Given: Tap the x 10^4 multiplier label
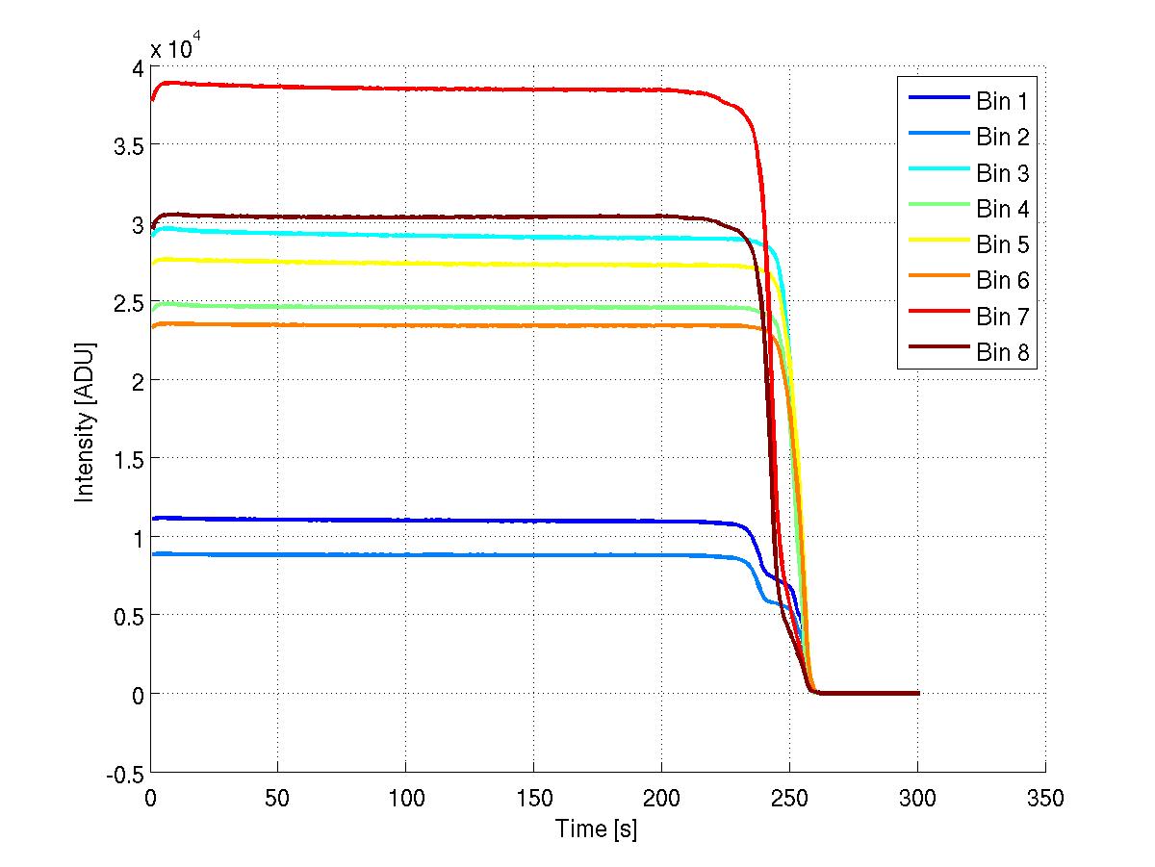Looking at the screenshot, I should [174, 47].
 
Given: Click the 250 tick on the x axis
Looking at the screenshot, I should [789, 798].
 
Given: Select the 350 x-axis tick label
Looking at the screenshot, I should [1045, 798].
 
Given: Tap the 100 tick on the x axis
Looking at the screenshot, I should [406, 798].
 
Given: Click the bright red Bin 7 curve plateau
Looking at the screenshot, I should [433, 89].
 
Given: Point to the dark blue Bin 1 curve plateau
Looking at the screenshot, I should [433, 521].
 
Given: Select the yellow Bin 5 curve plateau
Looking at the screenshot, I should [433, 264].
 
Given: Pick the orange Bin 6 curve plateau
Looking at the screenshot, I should [433, 325].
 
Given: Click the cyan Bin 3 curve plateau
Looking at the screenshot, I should [433, 236].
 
